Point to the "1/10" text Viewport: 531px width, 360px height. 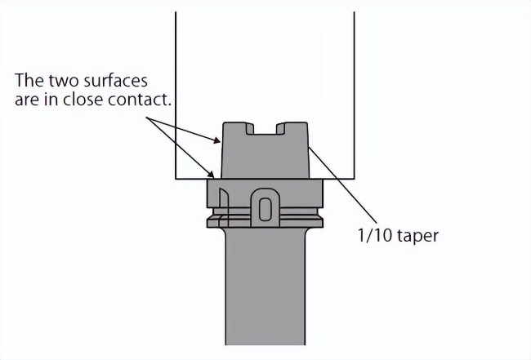[375, 235]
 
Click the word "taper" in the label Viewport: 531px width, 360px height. [418, 236]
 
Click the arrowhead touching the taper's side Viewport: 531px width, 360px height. [216, 140]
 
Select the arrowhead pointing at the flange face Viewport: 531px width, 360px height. [211, 174]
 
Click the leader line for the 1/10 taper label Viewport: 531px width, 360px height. [342, 188]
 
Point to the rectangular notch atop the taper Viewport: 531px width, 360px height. [265, 129]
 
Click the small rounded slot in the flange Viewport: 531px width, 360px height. [265, 210]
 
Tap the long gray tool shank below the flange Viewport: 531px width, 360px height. [265, 287]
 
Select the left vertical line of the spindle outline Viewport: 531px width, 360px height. [176, 95]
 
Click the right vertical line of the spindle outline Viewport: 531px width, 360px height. [355, 95]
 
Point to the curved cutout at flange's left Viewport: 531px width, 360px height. [224, 207]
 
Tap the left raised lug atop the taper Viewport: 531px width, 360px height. [238, 128]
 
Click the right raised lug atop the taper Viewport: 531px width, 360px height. [292, 128]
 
